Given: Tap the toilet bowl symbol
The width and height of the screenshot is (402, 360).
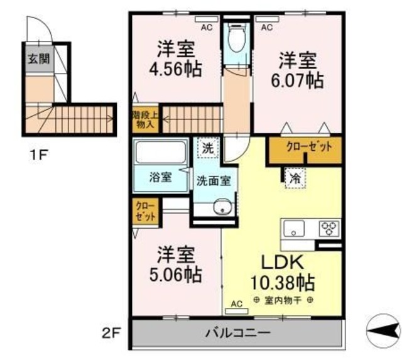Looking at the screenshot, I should [x=237, y=39].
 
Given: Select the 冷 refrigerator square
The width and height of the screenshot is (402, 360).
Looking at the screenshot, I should [x=294, y=178].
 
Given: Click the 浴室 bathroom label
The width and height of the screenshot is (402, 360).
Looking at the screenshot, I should [x=161, y=178].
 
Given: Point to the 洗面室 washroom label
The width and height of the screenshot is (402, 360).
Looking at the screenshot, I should [x=214, y=180].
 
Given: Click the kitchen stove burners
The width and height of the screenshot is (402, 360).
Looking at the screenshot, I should [x=329, y=228].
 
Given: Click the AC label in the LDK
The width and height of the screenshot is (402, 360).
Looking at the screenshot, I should [x=236, y=304].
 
